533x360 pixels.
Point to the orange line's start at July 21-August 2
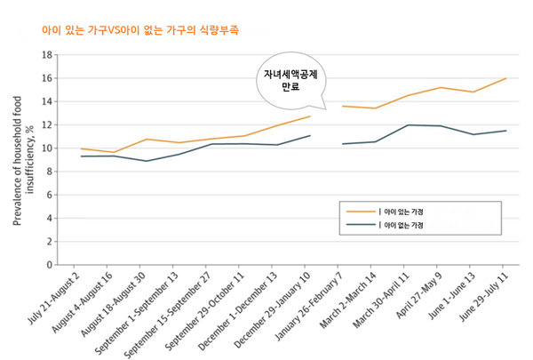pyautogui.click(x=81, y=148)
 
